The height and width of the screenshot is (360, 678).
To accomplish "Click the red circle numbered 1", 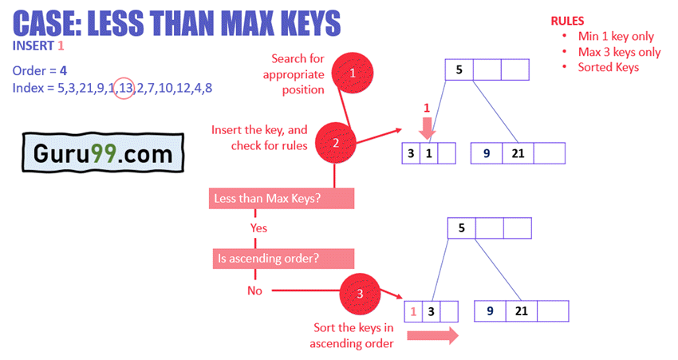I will (353, 73).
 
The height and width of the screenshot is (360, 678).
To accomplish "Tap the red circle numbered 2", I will (336, 144).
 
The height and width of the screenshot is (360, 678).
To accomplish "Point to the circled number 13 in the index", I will (124, 88).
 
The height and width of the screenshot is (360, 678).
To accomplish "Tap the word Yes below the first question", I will (258, 228).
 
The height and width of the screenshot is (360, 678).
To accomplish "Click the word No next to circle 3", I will (254, 291).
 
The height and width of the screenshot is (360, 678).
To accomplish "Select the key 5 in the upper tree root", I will (459, 69).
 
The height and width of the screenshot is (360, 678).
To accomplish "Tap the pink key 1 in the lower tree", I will (413, 311).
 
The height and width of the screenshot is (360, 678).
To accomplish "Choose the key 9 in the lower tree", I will (489, 311).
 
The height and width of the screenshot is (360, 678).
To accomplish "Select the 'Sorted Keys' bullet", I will (609, 67).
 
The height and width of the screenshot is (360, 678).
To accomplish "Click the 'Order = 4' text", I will (40, 70).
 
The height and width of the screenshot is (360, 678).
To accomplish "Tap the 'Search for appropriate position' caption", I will (297, 74).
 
